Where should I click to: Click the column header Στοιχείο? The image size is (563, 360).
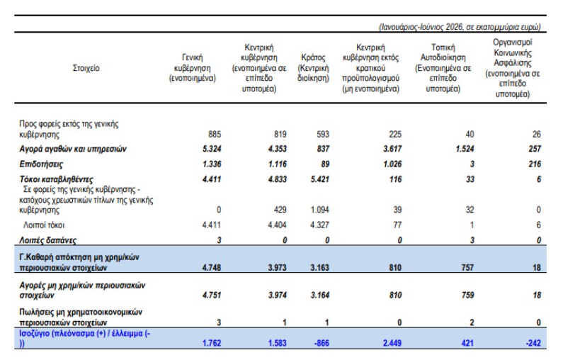click(86, 68)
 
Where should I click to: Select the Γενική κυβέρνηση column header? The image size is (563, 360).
click(193, 68)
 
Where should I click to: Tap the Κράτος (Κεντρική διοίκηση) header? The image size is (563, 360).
click(313, 68)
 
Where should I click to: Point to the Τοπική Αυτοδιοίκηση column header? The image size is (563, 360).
click(443, 68)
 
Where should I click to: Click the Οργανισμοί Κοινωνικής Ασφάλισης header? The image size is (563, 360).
click(513, 68)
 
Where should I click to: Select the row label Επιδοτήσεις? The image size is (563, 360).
click(41, 164)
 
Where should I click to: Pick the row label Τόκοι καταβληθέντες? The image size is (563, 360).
click(57, 179)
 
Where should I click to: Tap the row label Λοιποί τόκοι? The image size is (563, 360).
click(44, 225)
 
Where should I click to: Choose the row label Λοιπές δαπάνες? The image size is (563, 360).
click(47, 240)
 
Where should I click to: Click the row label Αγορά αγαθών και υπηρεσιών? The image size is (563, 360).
click(73, 149)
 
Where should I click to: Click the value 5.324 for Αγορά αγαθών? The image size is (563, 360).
click(212, 149)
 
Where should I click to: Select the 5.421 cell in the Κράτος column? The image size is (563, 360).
click(320, 179)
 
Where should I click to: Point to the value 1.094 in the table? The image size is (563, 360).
click(320, 210)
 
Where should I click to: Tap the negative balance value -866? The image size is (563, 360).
click(322, 343)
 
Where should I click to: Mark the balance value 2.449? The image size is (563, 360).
click(392, 343)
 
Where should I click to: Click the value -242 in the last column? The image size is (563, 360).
click(533, 343)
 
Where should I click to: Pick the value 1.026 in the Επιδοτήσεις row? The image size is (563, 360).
click(392, 164)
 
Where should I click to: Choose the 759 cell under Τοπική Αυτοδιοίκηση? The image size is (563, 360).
click(467, 296)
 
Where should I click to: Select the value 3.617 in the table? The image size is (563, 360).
click(392, 149)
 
